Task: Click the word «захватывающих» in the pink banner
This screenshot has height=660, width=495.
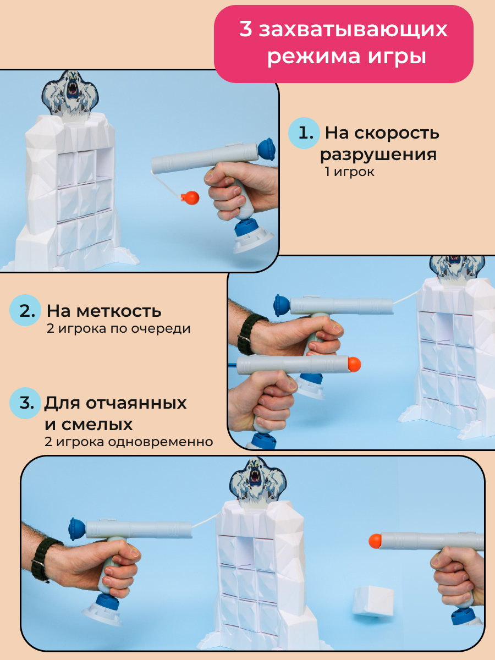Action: coord(353,30)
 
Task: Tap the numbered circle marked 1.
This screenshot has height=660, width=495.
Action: coord(304,133)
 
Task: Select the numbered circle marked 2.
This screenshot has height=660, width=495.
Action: coord(25,310)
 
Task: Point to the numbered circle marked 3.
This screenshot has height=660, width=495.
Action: coord(25,403)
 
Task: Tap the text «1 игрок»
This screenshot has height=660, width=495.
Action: coord(350,172)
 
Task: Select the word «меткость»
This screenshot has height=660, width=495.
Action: coord(119,311)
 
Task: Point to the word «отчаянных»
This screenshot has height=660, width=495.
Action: coord(136,403)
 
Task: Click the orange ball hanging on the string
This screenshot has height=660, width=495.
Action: coord(190,198)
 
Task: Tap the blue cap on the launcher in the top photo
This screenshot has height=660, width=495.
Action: coord(267,150)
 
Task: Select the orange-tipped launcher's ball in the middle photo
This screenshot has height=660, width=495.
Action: coord(354,365)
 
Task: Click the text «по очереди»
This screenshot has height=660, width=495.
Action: coord(151,329)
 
